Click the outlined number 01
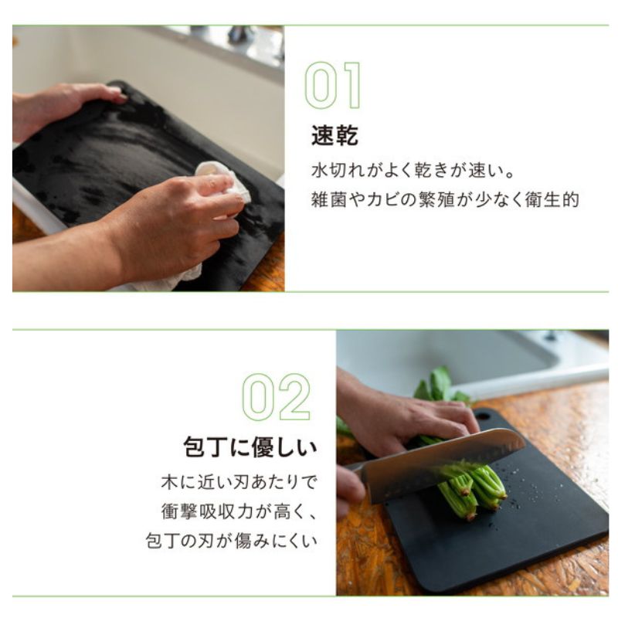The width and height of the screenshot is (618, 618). [333, 85]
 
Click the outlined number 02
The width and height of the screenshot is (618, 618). [277, 397]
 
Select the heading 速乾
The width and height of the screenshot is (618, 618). [334, 136]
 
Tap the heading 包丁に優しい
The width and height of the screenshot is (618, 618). [250, 447]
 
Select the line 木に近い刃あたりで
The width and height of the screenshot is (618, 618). [239, 482]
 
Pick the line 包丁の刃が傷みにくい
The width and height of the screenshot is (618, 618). [231, 540]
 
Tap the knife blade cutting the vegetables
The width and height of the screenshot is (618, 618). [446, 465]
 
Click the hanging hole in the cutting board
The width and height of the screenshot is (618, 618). [484, 416]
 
